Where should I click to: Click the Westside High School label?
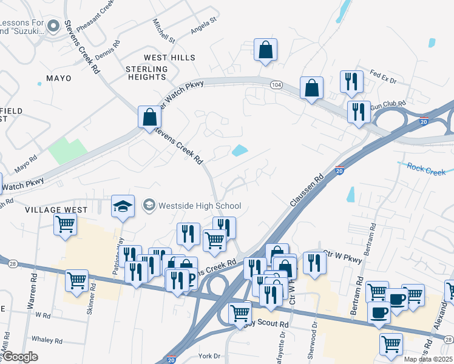tap(199, 206)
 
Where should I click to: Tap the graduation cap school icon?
tap(123, 206)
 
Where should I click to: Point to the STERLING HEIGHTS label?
tap(146, 73)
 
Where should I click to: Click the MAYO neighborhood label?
tap(58, 78)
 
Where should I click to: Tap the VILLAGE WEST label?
tap(66, 209)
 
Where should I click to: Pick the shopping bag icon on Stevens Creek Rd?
tap(149, 117)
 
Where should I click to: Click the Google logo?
tap(21, 356)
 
